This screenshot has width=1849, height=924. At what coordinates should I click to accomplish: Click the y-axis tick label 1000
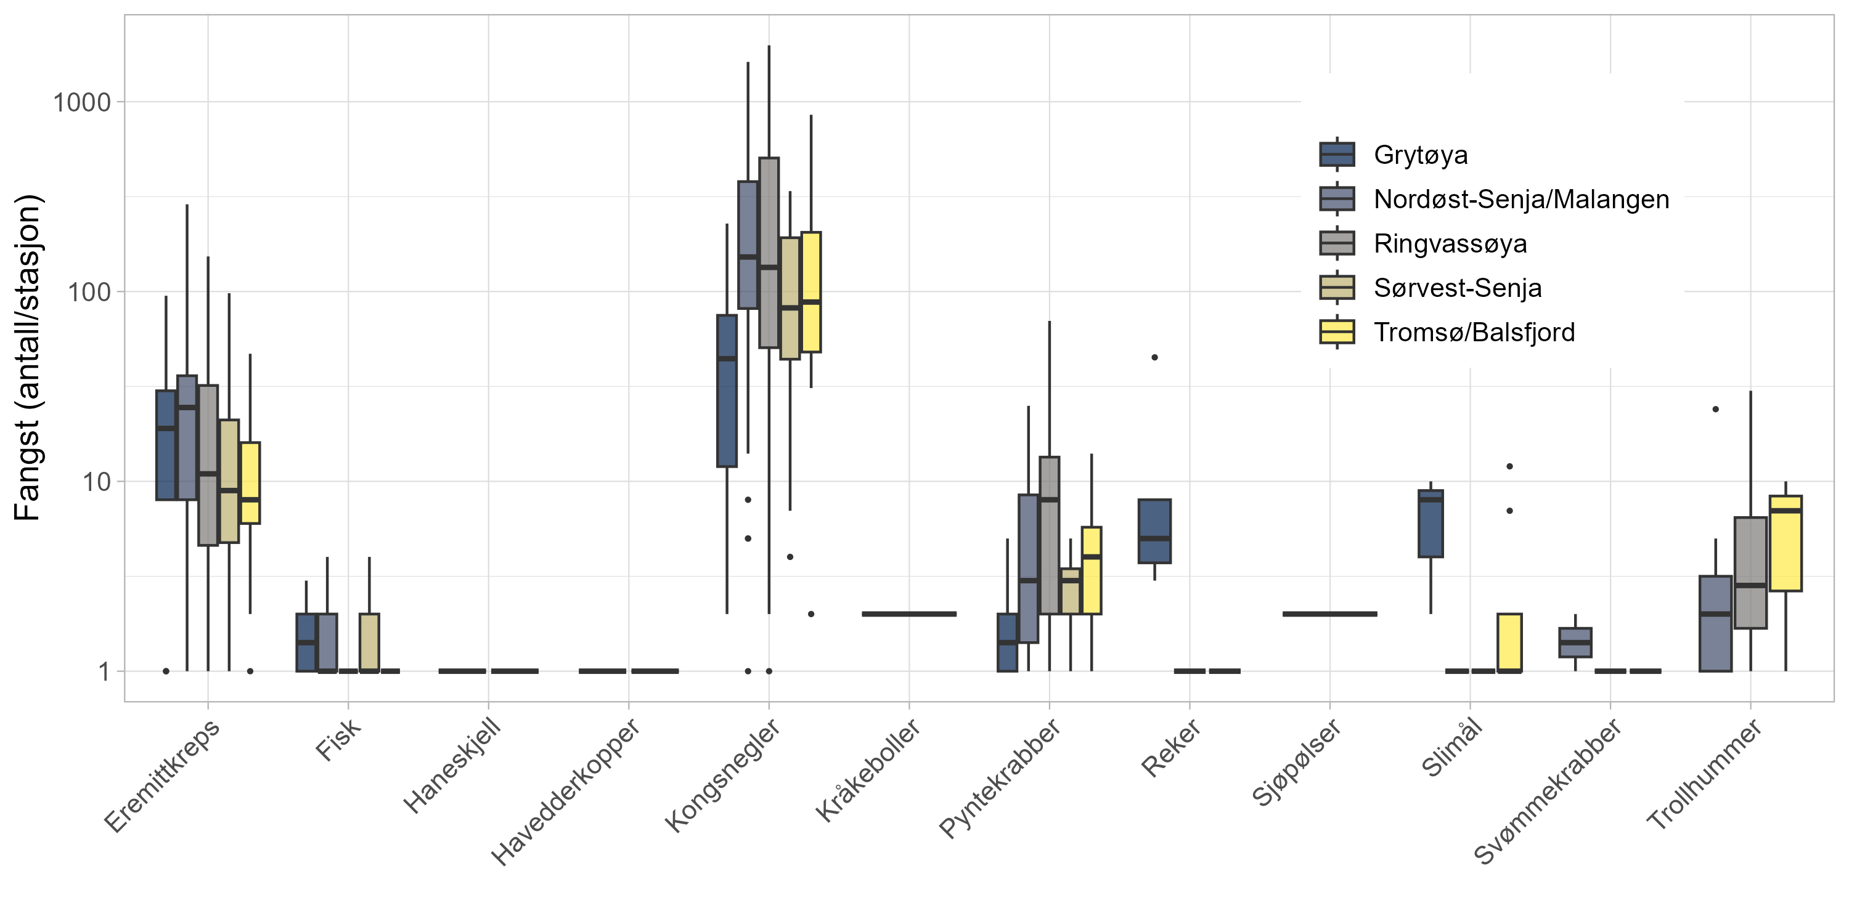click(82, 103)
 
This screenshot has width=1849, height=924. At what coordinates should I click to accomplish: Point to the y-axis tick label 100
click(89, 292)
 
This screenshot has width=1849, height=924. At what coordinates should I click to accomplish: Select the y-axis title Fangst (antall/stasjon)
click(29, 357)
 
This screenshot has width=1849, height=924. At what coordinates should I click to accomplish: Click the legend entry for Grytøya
click(1420, 155)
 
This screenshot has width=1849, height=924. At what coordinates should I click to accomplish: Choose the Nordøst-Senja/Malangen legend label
click(1520, 200)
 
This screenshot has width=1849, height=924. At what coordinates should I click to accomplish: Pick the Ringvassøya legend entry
click(1450, 244)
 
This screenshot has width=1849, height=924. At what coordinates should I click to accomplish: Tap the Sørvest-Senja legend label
click(1457, 288)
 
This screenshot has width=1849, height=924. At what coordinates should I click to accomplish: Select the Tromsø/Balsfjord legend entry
click(1474, 333)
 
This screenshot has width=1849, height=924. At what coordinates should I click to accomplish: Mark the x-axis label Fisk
click(338, 739)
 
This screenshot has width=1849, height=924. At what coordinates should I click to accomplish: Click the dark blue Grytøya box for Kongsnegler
click(727, 391)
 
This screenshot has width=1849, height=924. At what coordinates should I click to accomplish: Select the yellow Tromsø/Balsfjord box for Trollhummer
click(1785, 543)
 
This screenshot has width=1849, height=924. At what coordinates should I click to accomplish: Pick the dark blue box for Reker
click(1154, 531)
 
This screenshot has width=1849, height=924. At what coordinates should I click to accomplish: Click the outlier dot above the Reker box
click(1154, 357)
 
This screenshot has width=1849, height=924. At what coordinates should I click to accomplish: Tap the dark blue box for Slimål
click(1431, 524)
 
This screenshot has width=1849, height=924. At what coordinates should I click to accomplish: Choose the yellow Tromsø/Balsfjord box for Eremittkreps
click(250, 483)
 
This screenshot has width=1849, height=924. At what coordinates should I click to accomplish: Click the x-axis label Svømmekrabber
click(1548, 792)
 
